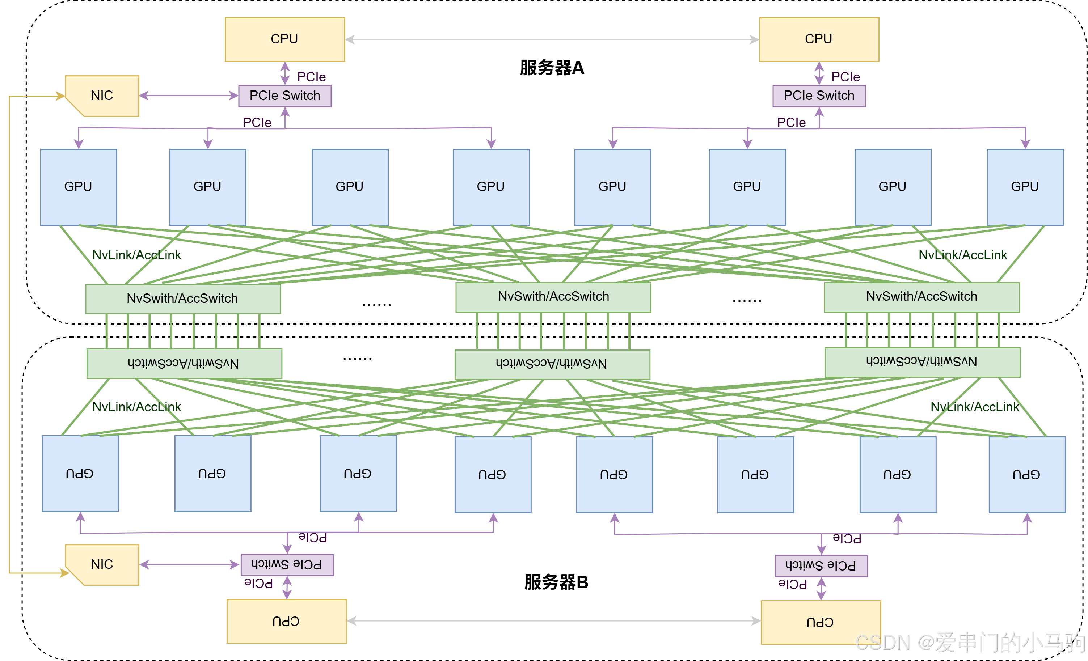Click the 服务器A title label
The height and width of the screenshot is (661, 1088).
[552, 68]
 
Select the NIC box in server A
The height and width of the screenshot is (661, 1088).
[102, 96]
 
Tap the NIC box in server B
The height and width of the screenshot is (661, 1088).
[102, 564]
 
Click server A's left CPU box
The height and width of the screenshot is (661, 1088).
[285, 39]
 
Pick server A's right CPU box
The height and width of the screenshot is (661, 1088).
[819, 39]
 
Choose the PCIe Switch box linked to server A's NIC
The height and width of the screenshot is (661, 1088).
[285, 96]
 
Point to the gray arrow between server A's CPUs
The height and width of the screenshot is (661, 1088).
[552, 40]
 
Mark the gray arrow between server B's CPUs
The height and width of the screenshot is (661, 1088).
[554, 621]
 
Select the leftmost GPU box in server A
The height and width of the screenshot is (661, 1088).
[79, 187]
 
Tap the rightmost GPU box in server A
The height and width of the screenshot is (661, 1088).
[1025, 187]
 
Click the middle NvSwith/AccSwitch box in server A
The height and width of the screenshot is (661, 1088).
[553, 297]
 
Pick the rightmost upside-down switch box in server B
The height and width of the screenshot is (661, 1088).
[923, 362]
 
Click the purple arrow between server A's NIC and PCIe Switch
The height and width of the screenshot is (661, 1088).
[189, 95]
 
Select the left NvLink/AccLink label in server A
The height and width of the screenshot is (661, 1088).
[136, 255]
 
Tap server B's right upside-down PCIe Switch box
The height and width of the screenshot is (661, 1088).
[821, 566]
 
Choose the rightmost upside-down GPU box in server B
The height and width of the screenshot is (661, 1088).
[1027, 474]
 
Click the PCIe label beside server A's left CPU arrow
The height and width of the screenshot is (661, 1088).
[311, 77]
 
